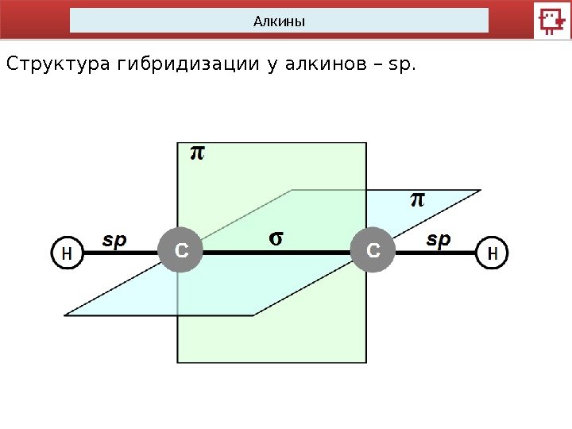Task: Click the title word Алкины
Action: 279,21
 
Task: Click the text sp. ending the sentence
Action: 399,63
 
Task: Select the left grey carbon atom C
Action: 180,251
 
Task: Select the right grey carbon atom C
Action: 373,251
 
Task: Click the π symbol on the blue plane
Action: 418,199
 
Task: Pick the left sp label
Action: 114,239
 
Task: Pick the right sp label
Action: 439,238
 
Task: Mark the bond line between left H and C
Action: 119,252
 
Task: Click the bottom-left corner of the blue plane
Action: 66,315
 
